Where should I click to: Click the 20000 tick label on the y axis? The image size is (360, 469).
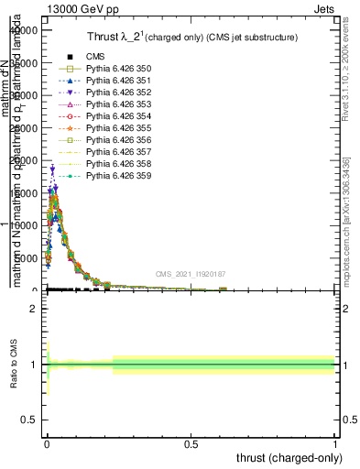(22, 160)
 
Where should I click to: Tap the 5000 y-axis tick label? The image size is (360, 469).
(25, 258)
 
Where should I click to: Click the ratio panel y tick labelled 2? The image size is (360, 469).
(35, 309)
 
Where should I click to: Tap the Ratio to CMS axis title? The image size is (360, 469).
(14, 365)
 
